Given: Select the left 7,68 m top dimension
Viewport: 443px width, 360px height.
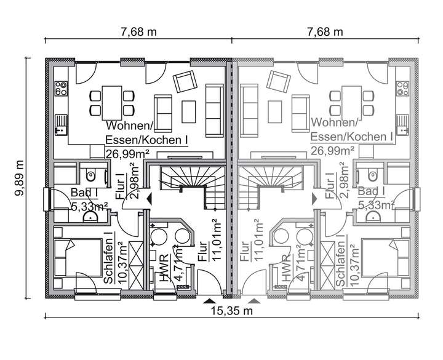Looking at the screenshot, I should (x=137, y=31).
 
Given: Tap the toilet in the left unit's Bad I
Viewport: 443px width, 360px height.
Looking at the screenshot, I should (x=91, y=174).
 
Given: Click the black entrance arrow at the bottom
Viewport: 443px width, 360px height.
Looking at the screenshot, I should (x=210, y=301).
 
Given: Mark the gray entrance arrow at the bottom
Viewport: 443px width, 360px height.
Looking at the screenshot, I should (x=255, y=301).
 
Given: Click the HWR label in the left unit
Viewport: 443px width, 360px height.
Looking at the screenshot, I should (x=163, y=268).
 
